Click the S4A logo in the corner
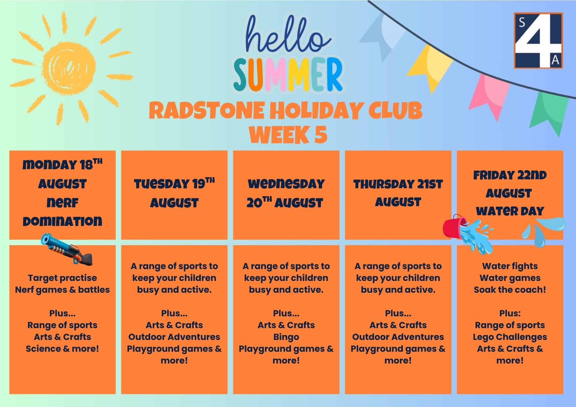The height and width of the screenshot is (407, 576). click(x=538, y=40)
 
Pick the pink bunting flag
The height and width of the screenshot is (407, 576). click(x=490, y=95)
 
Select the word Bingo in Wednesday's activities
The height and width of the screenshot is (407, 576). click(x=286, y=337)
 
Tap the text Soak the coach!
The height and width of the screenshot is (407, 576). click(x=510, y=290)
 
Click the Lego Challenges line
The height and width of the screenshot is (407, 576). click(x=510, y=337)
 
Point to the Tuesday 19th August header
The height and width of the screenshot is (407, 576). click(x=174, y=193)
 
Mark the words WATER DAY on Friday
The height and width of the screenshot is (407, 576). click(x=510, y=211)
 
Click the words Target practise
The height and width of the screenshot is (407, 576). click(x=62, y=278)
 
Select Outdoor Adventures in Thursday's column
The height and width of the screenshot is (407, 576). click(x=398, y=337)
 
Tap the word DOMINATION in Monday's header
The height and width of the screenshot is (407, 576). click(x=62, y=221)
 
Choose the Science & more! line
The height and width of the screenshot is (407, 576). click(x=62, y=349)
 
